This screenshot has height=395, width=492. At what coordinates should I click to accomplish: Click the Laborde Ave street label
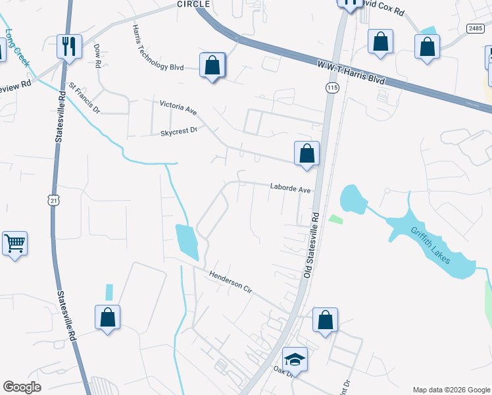[289, 188]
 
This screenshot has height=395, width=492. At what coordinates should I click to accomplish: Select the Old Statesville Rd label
[311, 244]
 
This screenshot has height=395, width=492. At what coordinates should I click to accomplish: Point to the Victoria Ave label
[178, 105]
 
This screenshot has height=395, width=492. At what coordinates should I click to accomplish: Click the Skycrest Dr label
[179, 131]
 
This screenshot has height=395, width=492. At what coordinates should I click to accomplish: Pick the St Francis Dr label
[84, 97]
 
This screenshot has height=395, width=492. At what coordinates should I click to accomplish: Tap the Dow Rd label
[97, 57]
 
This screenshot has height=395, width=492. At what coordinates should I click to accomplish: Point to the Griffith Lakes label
[431, 245]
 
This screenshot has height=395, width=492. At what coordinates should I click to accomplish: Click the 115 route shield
[332, 88]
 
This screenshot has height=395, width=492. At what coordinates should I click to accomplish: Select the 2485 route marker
[475, 28]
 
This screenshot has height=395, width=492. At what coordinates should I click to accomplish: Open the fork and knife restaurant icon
[68, 45]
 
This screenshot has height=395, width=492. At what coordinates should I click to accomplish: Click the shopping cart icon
[14, 244]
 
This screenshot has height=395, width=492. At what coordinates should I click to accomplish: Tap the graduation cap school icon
[295, 359]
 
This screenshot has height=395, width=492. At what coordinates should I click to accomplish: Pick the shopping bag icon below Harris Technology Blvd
[212, 65]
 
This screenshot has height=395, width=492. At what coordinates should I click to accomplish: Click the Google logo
[22, 387]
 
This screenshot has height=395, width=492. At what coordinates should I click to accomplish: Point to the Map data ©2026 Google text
[451, 389]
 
